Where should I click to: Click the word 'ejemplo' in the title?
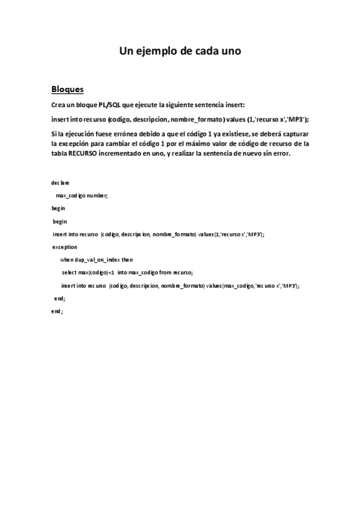[154, 51]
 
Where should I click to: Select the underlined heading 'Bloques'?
[67, 90]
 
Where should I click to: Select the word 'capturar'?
[293, 133]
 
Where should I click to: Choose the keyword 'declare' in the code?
[60, 182]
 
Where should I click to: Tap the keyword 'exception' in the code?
[64, 247]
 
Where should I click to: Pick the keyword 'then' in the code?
[127, 260]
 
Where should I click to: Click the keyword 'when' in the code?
[66, 260]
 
